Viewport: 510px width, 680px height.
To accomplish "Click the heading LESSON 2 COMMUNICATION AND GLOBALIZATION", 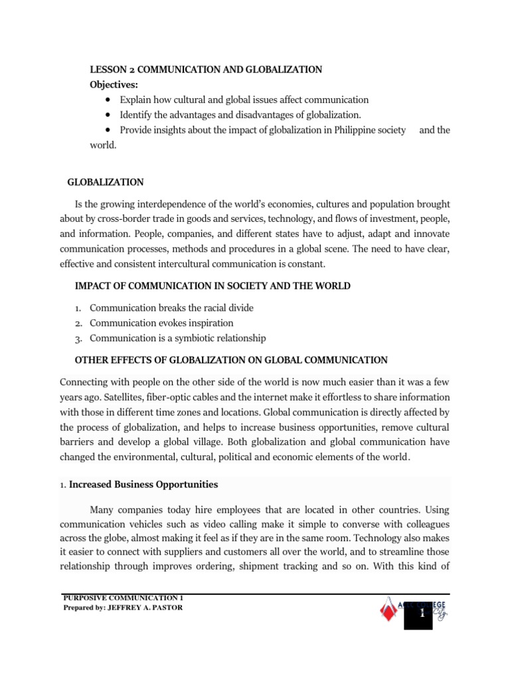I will (206, 69).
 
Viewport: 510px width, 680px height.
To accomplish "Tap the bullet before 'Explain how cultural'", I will (108, 100).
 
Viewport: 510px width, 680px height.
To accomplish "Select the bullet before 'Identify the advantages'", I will (108, 115).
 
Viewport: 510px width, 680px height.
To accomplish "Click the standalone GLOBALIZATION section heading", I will (106, 182).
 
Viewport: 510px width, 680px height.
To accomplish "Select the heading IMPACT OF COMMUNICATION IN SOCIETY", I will (213, 286).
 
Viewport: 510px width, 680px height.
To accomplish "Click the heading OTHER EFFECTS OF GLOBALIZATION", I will (231, 360).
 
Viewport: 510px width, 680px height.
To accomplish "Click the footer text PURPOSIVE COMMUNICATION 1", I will (123, 598).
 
